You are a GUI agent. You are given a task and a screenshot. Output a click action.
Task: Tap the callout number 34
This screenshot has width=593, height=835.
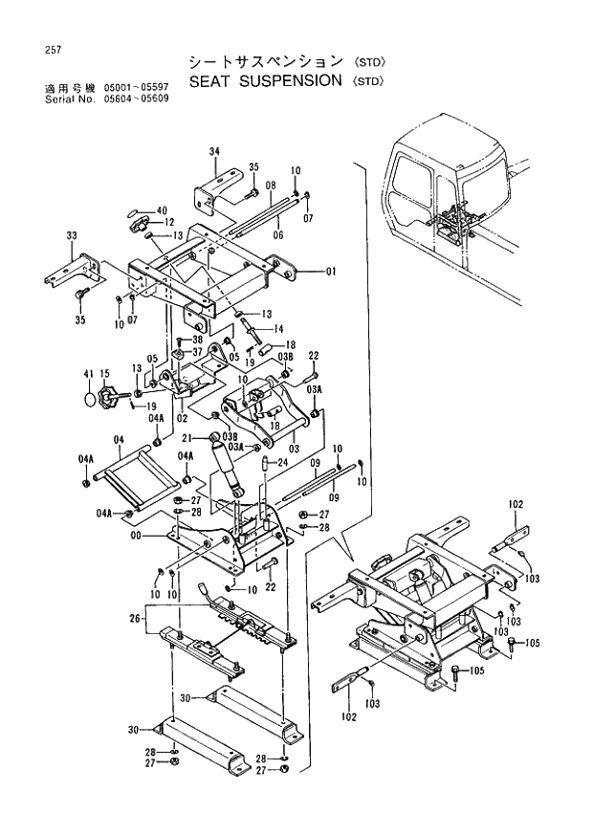pos(215,151)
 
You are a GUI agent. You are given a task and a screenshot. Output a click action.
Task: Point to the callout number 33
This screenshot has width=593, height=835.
pos(72,235)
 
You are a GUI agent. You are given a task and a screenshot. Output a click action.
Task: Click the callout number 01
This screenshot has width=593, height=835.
pos(331,272)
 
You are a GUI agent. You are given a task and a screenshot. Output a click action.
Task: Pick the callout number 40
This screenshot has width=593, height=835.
pos(162,210)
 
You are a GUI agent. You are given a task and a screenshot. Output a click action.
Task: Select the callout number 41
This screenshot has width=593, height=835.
pos(87,372)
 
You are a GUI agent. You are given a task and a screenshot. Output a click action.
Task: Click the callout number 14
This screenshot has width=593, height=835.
pos(278,329)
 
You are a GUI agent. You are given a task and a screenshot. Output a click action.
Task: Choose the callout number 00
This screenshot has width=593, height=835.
pos(137,537)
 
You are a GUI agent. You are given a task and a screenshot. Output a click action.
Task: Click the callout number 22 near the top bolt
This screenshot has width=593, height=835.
pos(312,356)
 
